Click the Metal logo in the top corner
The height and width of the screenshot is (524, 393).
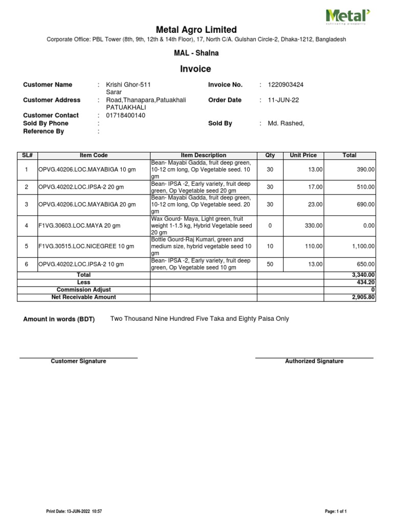348,16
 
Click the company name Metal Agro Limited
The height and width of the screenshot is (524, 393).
196,30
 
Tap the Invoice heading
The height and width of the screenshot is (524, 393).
195,69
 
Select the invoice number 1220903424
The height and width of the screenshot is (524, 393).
286,84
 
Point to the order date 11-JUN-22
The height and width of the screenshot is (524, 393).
283,100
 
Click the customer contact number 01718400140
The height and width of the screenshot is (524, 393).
125,116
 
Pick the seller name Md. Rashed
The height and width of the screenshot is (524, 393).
286,123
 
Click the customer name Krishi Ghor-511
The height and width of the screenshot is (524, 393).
128,84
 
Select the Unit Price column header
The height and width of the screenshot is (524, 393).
303,155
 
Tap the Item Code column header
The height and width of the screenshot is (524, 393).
94,155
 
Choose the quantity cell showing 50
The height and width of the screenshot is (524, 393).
270,264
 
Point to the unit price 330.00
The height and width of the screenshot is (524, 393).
314,226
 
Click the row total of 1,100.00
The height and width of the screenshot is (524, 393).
363,246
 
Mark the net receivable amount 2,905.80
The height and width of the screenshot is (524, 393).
363,297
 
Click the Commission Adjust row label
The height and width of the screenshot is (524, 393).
83,290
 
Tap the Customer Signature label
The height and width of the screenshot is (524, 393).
78,361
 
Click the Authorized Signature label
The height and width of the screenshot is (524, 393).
314,361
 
